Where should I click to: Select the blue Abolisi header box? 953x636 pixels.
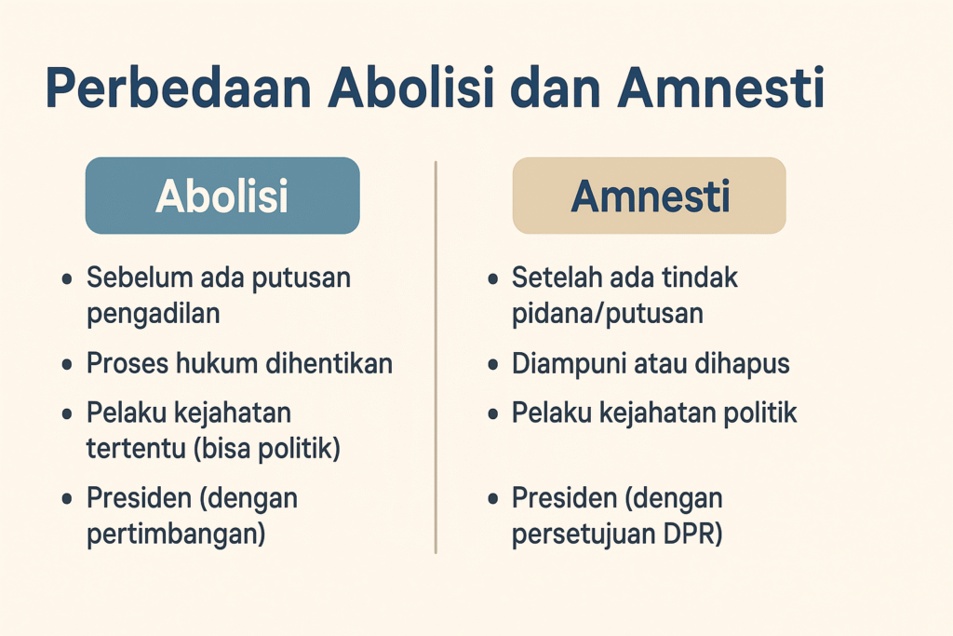(x=222, y=196)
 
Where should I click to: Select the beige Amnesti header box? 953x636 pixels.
(x=649, y=196)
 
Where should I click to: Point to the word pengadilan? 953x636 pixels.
(x=154, y=314)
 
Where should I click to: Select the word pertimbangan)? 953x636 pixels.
(x=176, y=535)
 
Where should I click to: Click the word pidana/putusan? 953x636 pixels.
(x=607, y=314)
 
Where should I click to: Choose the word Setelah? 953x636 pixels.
(x=556, y=278)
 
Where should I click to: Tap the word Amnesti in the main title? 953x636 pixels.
(x=722, y=91)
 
